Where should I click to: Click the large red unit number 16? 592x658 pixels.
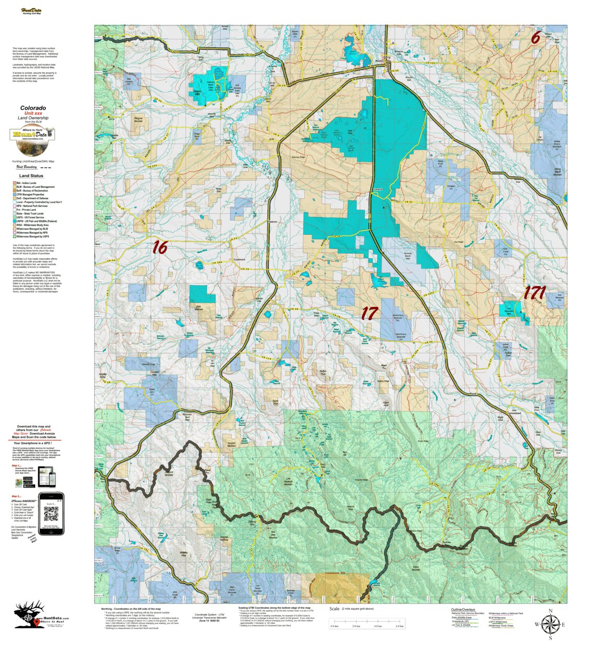tap(160, 247)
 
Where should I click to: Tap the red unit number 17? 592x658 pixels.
tap(369, 313)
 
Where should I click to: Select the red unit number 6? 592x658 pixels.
tap(536, 38)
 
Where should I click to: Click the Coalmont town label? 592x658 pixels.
tap(239, 258)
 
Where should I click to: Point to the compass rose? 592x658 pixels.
tap(550, 623)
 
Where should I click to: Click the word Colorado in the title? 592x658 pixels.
tap(33, 108)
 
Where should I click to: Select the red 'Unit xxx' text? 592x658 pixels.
tap(33, 113)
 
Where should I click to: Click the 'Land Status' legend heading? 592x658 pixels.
tap(31, 176)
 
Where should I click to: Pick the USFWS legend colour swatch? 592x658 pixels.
tap(14, 221)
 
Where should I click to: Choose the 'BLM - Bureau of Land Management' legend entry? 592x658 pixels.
tap(35, 187)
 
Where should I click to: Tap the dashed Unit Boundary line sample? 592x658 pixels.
tap(46, 167)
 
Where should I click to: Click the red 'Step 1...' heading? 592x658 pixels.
tap(16, 465)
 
